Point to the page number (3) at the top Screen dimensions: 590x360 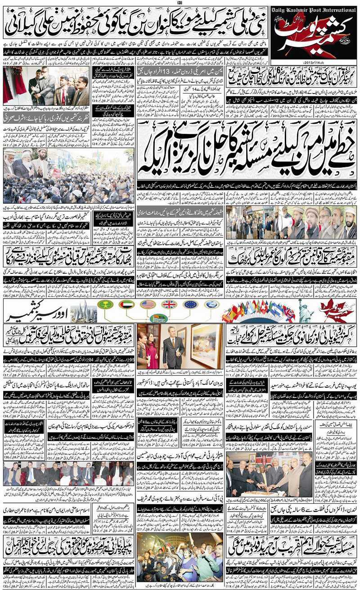click(x=180, y=3)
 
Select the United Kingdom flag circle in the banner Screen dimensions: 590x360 click(x=169, y=304)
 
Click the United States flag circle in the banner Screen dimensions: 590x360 click(x=148, y=304)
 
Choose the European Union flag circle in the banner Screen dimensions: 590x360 click(x=190, y=304)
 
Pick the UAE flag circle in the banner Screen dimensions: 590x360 click(x=127, y=304)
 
